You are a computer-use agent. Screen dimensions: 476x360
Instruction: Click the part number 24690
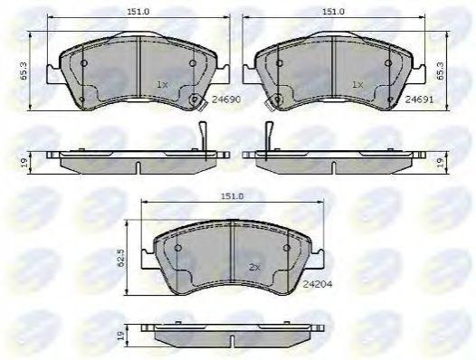pyautogui.click(x=226, y=99)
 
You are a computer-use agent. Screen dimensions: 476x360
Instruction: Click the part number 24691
pyautogui.click(x=419, y=99)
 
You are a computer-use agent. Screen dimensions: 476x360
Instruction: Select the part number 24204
pyautogui.click(x=318, y=284)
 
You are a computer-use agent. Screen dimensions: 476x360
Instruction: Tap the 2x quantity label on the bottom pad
pyautogui.click(x=254, y=268)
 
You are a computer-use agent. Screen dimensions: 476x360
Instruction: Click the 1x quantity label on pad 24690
pyautogui.click(x=162, y=85)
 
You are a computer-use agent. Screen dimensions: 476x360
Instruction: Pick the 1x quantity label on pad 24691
pyautogui.click(x=357, y=85)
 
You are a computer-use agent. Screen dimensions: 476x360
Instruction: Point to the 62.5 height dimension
pyautogui.click(x=121, y=259)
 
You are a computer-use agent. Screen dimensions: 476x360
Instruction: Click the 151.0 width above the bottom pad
pyautogui.click(x=232, y=196)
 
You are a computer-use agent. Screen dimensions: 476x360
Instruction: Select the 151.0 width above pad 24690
pyautogui.click(x=138, y=12)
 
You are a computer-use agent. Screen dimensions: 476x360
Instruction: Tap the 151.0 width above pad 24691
pyautogui.click(x=333, y=12)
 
